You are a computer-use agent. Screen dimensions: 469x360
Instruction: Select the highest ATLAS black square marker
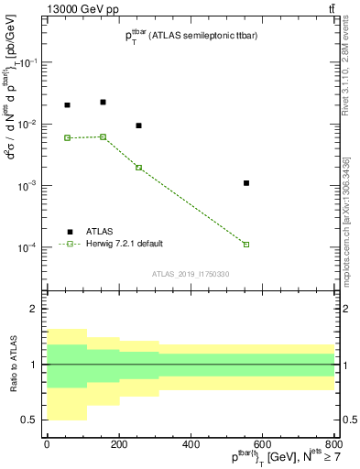(103, 102)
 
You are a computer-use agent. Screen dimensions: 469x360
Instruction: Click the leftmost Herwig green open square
(67, 137)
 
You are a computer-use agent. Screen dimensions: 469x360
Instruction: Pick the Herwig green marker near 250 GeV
(138, 168)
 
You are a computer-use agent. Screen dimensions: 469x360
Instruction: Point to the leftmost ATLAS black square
(67, 105)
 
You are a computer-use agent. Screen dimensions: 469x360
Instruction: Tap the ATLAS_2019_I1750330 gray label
(191, 274)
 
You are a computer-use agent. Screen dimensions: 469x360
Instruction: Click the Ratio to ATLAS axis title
(16, 364)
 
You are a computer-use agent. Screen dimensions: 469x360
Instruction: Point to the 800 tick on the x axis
(334, 443)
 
